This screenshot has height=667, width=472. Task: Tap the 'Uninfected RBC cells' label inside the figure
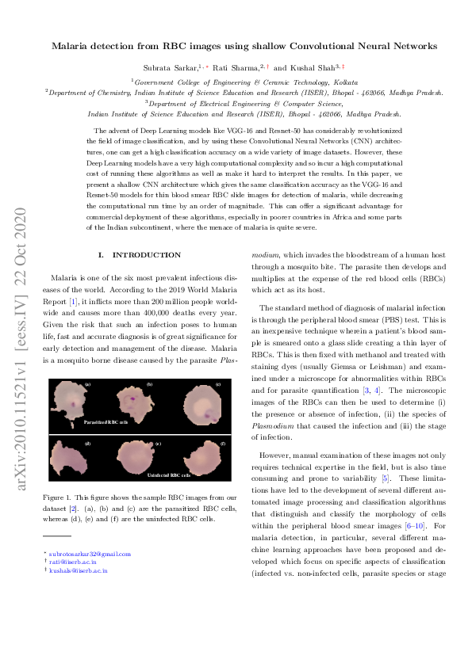(168, 476)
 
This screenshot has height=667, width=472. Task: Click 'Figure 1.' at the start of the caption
(59, 496)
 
